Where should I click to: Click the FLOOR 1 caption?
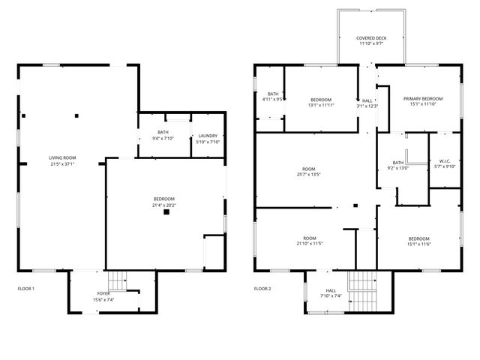pyautogui.click(x=26, y=288)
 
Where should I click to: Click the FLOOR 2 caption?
pyautogui.click(x=262, y=288)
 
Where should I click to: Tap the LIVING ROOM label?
pyautogui.click(x=63, y=157)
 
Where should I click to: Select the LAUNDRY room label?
pyautogui.click(x=208, y=136)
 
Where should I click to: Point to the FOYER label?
pyautogui.click(x=103, y=293)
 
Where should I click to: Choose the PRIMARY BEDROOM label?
pyautogui.click(x=422, y=99)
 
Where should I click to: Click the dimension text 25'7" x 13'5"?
pyautogui.click(x=309, y=175)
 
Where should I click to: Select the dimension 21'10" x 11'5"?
pyautogui.click(x=309, y=243)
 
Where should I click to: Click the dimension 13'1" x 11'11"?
pyautogui.click(x=321, y=105)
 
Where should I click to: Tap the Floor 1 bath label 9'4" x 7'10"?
pyautogui.click(x=163, y=138)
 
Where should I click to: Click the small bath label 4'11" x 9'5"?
pyautogui.click(x=272, y=99)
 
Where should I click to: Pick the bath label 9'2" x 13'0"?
pyautogui.click(x=397, y=168)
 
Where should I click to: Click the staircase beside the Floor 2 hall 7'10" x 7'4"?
pyautogui.click(x=361, y=286)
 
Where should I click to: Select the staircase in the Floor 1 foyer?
pyautogui.click(x=116, y=279)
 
